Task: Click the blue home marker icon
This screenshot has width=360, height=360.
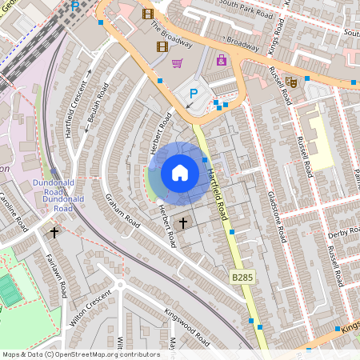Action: [179, 173]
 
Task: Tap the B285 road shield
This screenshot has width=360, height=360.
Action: [242, 276]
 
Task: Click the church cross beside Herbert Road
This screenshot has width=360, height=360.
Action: [183, 222]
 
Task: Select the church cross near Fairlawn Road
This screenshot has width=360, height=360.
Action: [54, 233]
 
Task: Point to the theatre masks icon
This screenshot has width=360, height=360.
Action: [292, 81]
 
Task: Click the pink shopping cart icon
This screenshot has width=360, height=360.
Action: [177, 63]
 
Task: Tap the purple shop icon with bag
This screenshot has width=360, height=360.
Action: [222, 60]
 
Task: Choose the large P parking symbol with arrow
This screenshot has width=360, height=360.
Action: [193, 94]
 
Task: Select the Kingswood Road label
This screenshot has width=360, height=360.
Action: [186, 326]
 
